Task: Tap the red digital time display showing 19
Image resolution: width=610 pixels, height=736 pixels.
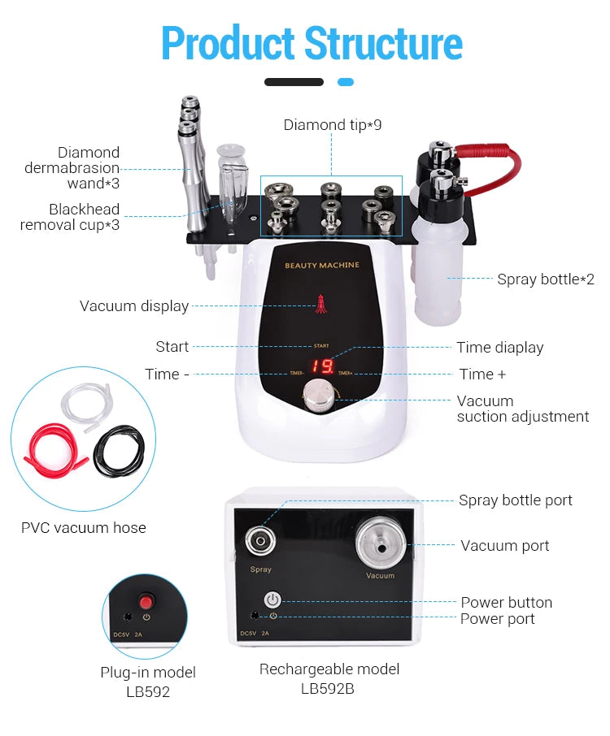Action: point(322,366)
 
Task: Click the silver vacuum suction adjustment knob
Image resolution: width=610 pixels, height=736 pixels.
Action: point(316,397)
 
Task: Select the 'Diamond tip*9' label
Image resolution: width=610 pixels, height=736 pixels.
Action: point(332,125)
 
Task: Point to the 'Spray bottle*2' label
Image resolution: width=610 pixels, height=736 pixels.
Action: point(545,279)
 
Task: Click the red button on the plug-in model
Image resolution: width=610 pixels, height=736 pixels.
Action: point(146,602)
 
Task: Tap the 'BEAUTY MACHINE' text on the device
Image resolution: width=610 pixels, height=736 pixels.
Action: point(321,266)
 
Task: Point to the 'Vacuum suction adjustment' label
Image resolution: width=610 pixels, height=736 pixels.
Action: point(522,409)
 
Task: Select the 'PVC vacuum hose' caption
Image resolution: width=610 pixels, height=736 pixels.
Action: point(84,528)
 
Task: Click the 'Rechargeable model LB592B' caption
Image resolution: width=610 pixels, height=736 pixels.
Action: point(329,678)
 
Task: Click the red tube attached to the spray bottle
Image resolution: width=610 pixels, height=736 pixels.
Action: point(500,154)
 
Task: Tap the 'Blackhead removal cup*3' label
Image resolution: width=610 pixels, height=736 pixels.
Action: point(71,217)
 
